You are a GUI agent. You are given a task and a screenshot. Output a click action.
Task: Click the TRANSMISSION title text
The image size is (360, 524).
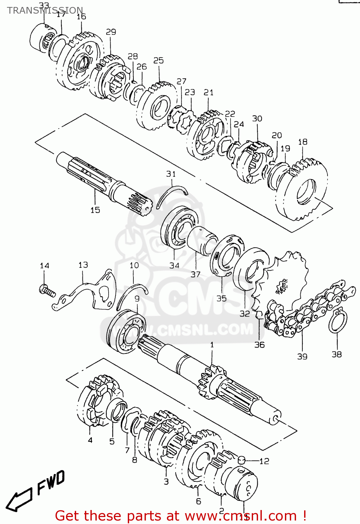tap(45, 10)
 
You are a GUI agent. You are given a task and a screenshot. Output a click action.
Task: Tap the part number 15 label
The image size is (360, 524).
tap(95, 210)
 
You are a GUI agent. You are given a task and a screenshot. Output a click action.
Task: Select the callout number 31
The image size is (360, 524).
tap(171, 174)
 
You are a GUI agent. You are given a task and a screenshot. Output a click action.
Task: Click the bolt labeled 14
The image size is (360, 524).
tap(47, 290)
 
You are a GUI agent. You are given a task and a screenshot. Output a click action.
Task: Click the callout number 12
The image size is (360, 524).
tap(264, 461)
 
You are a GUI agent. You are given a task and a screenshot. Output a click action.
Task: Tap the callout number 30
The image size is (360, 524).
tap(257, 119)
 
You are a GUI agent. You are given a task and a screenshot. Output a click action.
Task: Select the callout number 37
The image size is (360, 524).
tap(196, 274)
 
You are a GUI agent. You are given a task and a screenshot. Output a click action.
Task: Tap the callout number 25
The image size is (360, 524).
tap(159, 60)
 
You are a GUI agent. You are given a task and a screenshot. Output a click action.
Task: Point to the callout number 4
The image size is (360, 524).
tap(90, 440)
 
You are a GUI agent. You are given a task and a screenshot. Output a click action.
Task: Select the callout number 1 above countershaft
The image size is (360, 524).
tap(212, 345)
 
